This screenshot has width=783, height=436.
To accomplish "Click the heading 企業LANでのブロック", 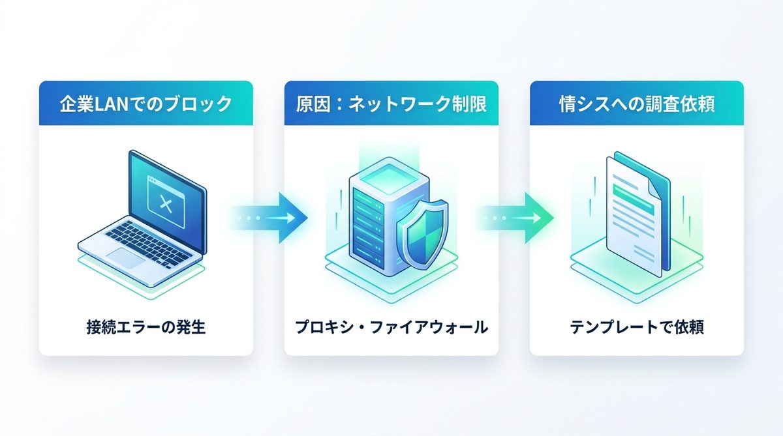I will click(146, 104).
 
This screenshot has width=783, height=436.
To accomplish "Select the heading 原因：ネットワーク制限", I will click(391, 104).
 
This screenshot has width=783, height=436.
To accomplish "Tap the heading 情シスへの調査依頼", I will click(637, 104).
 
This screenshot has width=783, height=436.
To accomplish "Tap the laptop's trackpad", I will click(127, 259).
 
